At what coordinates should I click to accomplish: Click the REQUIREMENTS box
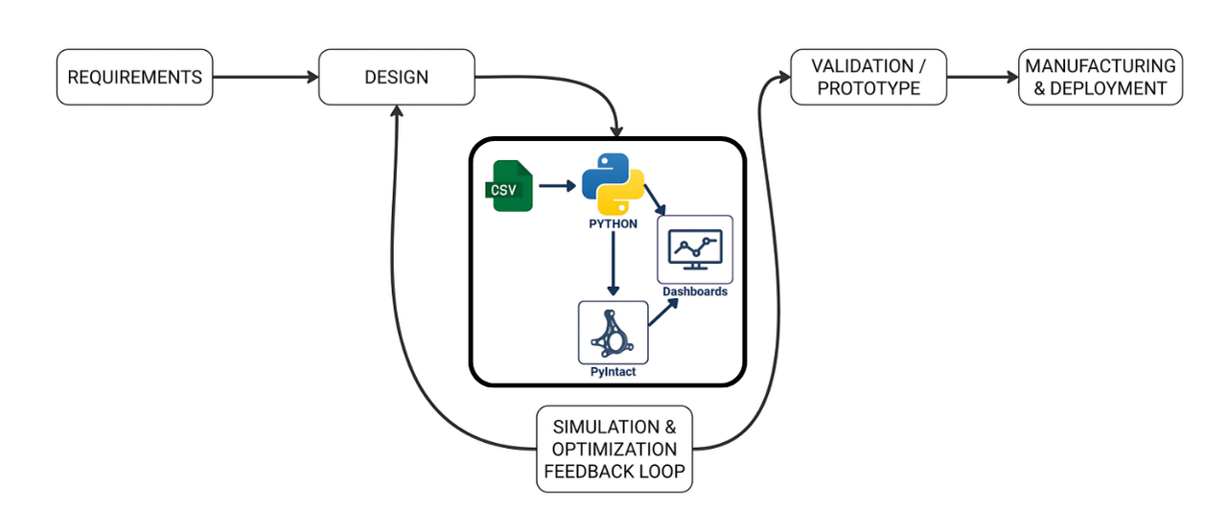(134, 77)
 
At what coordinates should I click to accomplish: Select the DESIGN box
(396, 77)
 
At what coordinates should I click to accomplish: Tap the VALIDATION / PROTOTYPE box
(868, 77)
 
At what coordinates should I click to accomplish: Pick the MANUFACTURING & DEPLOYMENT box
(1100, 77)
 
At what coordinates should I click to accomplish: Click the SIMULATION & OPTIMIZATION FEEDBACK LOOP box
(614, 450)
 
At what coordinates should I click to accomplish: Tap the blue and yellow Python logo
(613, 183)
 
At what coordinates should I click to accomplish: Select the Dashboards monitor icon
(695, 248)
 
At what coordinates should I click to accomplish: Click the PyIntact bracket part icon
(613, 332)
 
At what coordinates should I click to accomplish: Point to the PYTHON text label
(613, 224)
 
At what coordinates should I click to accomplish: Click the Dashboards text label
(695, 291)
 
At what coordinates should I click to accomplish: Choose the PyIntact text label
(613, 372)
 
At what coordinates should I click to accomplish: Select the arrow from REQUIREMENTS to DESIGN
(265, 77)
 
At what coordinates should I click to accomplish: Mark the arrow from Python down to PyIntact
(613, 264)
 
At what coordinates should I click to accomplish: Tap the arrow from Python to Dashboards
(656, 199)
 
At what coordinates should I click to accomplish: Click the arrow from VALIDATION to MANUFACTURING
(982, 77)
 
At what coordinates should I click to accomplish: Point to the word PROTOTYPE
(868, 88)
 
